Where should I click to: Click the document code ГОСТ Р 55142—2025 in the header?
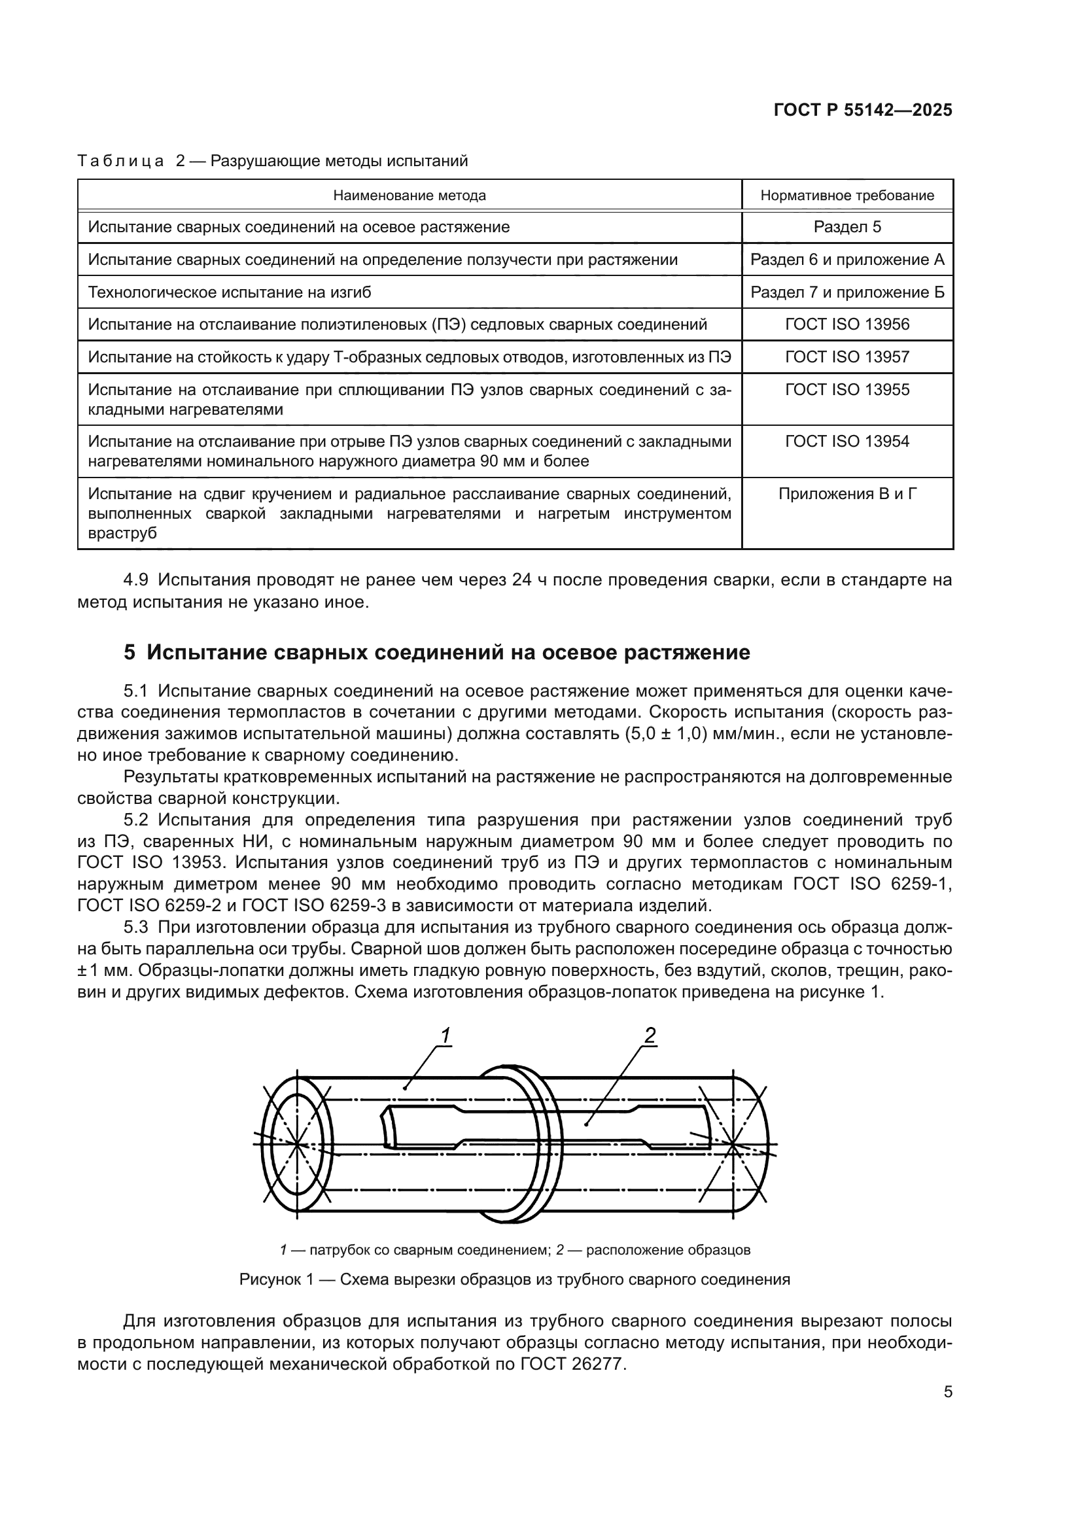(863, 111)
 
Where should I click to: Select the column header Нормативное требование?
(846, 195)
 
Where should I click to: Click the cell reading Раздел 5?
(846, 227)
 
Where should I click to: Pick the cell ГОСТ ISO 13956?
(846, 324)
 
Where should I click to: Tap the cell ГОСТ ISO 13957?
(846, 357)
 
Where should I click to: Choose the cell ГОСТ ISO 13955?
(846, 390)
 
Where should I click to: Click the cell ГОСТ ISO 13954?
(846, 442)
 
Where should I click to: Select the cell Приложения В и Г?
(846, 495)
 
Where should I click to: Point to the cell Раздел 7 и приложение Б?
(846, 292)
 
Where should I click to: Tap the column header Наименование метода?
(409, 195)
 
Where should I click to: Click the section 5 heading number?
(130, 652)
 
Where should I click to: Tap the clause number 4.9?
(137, 580)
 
